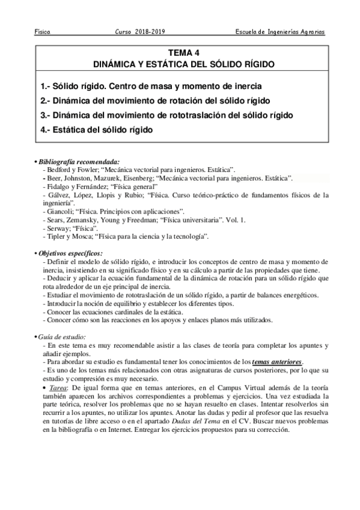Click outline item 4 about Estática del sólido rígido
tap(96, 129)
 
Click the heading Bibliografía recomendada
tap(79, 161)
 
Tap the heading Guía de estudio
tap(63, 336)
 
